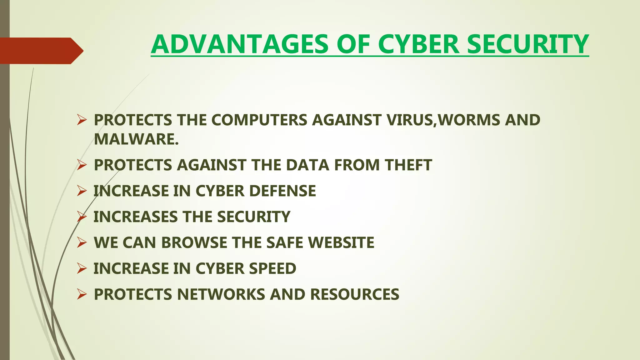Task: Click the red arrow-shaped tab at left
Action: pyautogui.click(x=41, y=51)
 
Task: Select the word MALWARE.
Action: pyautogui.click(x=136, y=139)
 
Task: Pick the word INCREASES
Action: pyautogui.click(x=135, y=217)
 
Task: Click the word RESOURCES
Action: pyautogui.click(x=355, y=295)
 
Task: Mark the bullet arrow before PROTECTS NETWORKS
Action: pyautogui.click(x=82, y=294)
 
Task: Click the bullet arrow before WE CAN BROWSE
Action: pyautogui.click(x=82, y=242)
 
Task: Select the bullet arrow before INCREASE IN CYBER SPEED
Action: pyautogui.click(x=82, y=268)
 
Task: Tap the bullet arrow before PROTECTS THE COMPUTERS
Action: pyautogui.click(x=82, y=120)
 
